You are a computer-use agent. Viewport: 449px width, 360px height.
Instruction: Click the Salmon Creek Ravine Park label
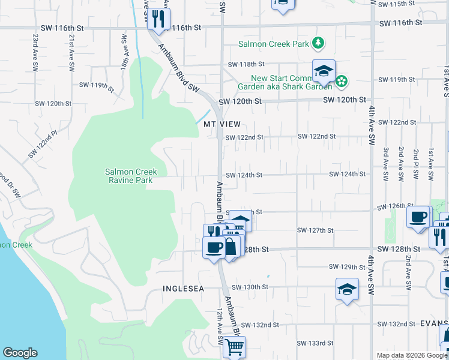click(128, 176)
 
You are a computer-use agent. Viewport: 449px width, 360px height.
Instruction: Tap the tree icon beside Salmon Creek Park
click(319, 43)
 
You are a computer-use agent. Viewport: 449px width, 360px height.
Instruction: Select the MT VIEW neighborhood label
click(221, 124)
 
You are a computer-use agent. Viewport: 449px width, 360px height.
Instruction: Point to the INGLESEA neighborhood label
click(184, 289)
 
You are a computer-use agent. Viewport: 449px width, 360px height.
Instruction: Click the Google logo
click(20, 353)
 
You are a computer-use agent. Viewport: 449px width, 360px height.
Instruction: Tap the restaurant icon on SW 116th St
click(158, 18)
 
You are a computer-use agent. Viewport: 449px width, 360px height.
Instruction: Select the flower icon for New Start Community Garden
click(342, 80)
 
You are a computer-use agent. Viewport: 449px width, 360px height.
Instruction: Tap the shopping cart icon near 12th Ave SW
click(234, 346)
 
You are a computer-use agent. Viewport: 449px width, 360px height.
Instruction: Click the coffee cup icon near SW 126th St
click(418, 217)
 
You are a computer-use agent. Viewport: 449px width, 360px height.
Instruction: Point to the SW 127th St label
click(315, 230)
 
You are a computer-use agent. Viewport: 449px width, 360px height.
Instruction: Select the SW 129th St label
click(347, 266)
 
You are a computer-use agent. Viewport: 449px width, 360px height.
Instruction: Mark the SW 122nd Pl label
click(42, 145)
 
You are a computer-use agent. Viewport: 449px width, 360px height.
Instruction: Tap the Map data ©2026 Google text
click(412, 355)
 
